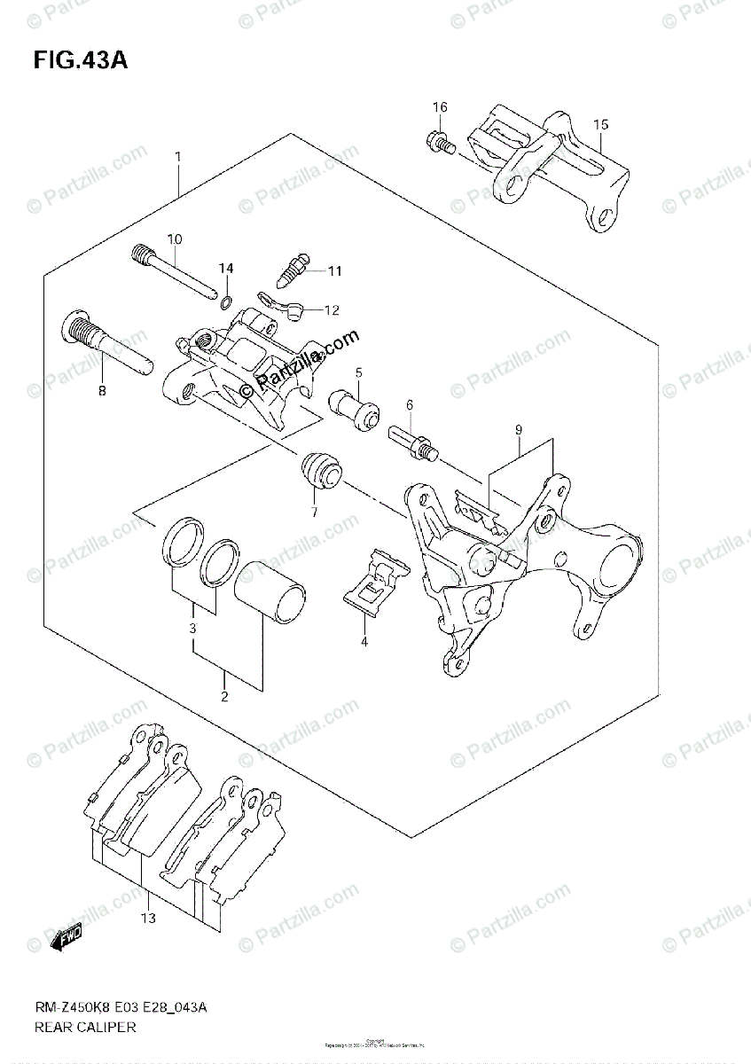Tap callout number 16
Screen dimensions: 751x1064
(x=440, y=108)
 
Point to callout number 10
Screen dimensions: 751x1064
(x=174, y=239)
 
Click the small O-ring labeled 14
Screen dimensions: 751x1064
(x=226, y=296)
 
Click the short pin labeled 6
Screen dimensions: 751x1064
(x=412, y=439)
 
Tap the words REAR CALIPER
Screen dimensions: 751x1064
(x=85, y=1028)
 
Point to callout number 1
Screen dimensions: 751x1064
(x=178, y=158)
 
